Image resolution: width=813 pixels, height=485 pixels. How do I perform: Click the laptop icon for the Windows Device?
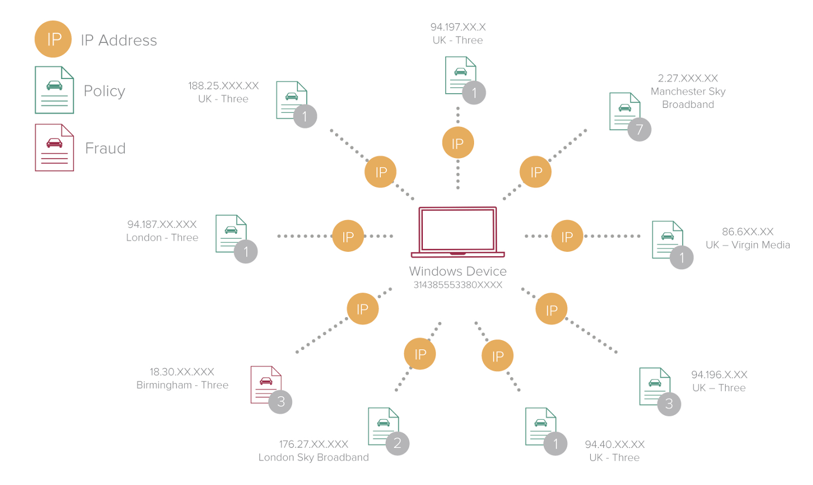458,232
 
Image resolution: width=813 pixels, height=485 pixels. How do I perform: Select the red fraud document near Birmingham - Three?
265,384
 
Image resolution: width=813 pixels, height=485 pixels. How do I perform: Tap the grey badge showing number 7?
639,130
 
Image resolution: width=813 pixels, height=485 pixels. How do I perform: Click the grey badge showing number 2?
397,443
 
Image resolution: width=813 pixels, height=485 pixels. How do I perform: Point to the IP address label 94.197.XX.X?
458,27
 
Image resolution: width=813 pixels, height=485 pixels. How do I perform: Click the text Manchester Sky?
688,92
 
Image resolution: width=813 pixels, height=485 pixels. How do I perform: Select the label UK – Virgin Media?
748,245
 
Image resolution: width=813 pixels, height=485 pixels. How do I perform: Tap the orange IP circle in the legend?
53,39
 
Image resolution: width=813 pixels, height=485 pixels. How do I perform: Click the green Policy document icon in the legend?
54,90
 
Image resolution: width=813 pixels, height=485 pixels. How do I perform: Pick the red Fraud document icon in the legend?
54,148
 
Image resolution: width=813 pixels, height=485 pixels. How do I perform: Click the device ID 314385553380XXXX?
458,285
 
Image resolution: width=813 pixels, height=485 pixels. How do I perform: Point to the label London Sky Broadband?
313,458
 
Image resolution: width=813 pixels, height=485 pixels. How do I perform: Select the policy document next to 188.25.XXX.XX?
290,100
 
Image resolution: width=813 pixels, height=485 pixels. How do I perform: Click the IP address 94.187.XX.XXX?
162,225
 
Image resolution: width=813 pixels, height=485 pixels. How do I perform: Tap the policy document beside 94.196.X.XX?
654,386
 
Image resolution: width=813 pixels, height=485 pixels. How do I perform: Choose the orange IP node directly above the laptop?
458,143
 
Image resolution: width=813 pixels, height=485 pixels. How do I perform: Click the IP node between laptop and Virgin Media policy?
567,236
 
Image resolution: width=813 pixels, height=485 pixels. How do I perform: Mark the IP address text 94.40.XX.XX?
615,445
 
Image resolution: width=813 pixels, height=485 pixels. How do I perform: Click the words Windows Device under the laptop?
458,271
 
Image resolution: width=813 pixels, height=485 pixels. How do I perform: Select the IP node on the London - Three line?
348,236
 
